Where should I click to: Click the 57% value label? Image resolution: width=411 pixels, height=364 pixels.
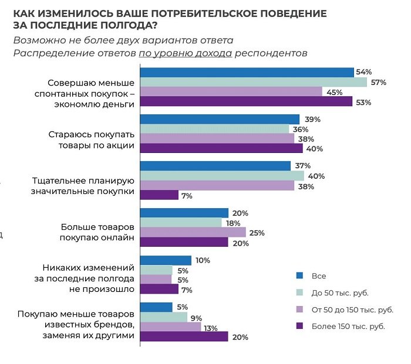pos(378,82)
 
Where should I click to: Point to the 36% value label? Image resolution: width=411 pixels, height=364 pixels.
pos(301,129)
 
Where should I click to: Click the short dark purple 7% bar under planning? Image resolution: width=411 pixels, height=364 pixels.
pos(159,196)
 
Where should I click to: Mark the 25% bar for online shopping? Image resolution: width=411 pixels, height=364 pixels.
pos(193,233)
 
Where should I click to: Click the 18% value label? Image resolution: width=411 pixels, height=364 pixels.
pos(234,223)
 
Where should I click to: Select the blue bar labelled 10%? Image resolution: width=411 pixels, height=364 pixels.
pos(166,260)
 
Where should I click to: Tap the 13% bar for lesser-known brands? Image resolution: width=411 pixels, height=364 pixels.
pos(170,326)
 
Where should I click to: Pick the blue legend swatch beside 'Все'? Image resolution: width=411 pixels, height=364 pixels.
pos(299,275)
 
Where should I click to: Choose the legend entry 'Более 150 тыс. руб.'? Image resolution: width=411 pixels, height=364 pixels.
pos(348,326)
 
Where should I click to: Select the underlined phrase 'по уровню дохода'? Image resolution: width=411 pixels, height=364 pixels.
pos(186,53)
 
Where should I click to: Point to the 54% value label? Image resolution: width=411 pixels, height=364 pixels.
pos(364,72)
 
